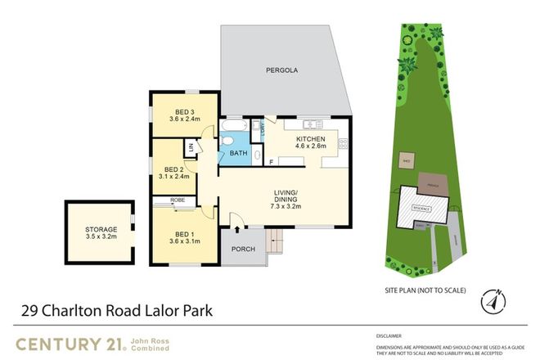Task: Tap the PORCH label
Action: click(x=243, y=249)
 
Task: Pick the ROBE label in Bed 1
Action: click(x=177, y=200)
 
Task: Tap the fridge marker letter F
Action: click(x=271, y=163)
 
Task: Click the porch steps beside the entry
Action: click(x=276, y=241)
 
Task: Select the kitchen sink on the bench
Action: click(x=311, y=124)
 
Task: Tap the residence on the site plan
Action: click(x=423, y=208)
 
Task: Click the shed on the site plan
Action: click(x=405, y=160)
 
